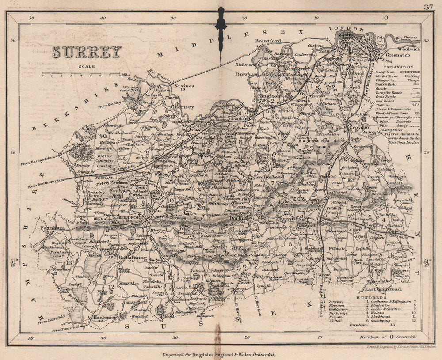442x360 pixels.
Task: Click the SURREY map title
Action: (87, 52)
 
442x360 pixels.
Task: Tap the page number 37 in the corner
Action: (428, 6)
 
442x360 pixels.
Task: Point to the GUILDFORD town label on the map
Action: (133, 218)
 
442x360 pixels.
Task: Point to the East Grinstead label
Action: (383, 289)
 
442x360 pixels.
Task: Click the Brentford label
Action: (268, 41)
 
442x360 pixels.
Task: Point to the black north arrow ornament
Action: (221, 31)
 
